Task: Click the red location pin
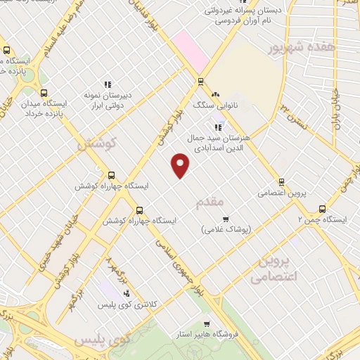point(181,165)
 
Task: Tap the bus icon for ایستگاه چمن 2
point(323,209)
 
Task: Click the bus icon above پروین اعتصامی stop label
point(281,181)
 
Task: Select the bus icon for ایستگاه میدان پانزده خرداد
point(44,92)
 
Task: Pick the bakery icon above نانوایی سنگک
point(215,94)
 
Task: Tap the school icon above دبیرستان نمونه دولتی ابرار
point(108,84)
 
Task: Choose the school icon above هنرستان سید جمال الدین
point(219,127)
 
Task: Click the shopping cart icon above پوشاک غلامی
point(226,219)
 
